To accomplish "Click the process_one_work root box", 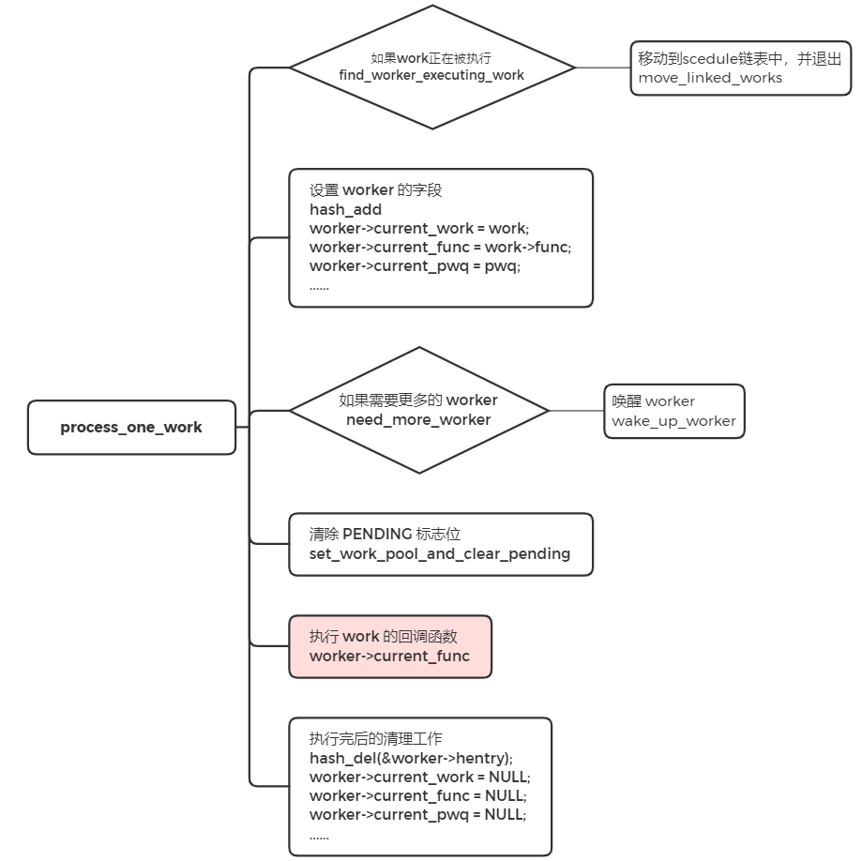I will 131,428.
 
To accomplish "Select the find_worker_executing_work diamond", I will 431,68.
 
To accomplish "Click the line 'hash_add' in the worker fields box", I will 345,210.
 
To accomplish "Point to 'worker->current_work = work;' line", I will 418,229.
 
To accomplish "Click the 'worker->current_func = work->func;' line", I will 440,248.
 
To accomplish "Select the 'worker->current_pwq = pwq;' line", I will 415,266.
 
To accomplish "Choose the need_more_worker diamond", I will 418,410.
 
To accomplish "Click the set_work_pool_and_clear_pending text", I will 440,554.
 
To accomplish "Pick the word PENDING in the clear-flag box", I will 377,534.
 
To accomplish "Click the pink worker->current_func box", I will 389,646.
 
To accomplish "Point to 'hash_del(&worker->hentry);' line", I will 411,758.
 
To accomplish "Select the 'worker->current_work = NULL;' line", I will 419,777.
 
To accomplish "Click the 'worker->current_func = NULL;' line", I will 416,795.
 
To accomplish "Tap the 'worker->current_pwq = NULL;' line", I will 417,814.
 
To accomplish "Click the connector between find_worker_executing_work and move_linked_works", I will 602,68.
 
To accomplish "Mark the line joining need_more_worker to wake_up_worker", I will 577,410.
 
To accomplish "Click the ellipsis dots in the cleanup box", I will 319,834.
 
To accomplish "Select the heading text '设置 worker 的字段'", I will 375,189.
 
